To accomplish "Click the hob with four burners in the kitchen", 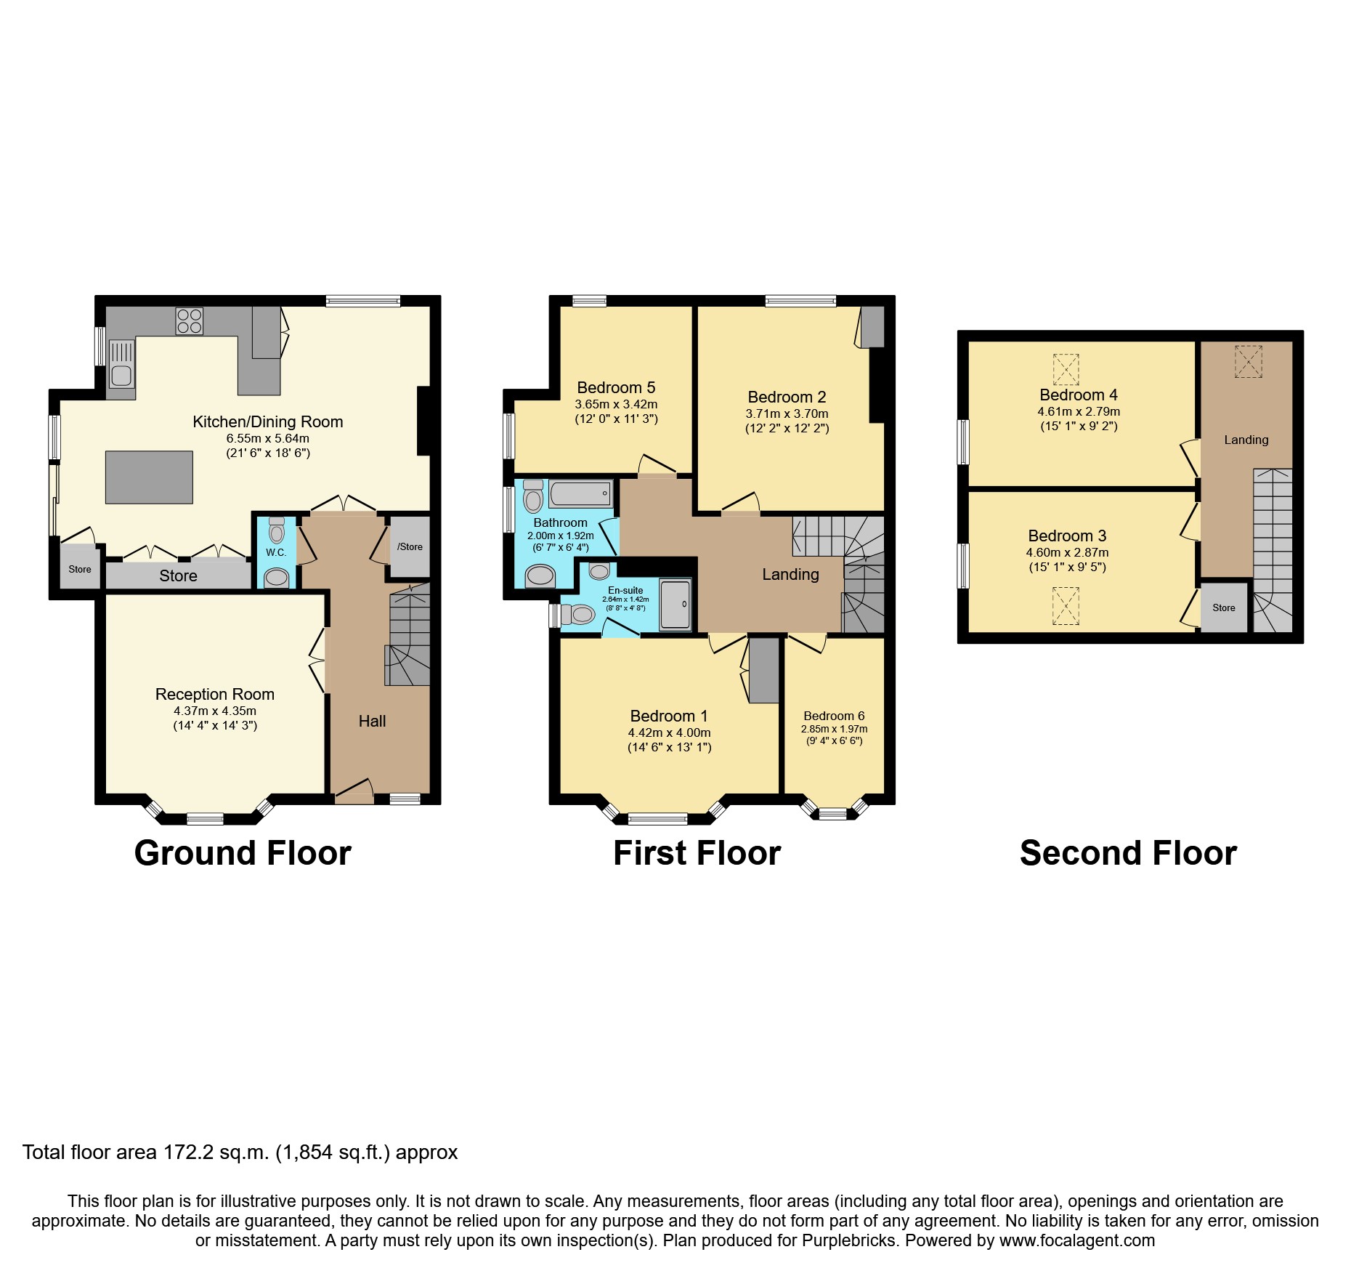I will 189,320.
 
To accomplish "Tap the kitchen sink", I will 121,366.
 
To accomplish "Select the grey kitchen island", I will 149,477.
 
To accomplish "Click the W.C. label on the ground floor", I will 276,552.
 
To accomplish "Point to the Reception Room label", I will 214,694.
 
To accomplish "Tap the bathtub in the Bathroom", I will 580,494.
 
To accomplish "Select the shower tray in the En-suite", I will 675,604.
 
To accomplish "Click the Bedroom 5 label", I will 616,387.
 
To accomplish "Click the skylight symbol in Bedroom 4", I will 1066,369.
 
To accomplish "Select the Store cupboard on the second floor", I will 1223,607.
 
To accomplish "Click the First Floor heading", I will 697,852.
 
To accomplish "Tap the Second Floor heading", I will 1128,852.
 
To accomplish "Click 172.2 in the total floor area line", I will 186,1152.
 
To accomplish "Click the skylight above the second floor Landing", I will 1249,361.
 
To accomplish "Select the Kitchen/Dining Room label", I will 267,421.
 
